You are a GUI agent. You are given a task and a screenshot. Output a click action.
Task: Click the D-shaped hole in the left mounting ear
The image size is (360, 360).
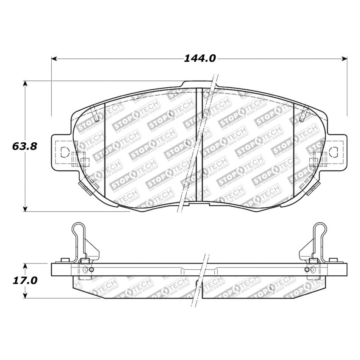[64, 150]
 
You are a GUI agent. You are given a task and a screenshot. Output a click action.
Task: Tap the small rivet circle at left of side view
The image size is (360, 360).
[87, 270]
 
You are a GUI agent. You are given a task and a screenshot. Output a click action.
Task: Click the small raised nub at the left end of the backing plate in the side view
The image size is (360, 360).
[65, 260]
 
